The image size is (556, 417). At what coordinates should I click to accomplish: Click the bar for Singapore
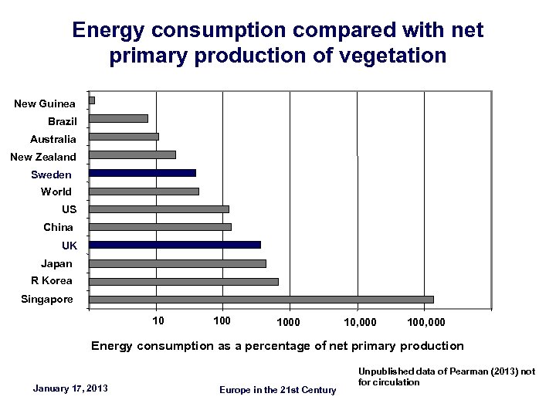261,300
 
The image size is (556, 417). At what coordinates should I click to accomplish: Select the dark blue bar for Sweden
142,173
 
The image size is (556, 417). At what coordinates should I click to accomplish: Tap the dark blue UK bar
175,245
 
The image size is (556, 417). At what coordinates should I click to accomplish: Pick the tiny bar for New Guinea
92,100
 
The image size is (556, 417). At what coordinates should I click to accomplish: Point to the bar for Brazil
118,118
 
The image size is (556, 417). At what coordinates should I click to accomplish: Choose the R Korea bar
184,281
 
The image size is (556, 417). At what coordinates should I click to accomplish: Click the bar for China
160,226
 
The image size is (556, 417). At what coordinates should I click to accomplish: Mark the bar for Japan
178,263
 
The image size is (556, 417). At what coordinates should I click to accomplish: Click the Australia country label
53,139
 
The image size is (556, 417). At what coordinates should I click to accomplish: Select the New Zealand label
43,157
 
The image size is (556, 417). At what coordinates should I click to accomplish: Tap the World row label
56,192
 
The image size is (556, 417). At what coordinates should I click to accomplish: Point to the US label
69,209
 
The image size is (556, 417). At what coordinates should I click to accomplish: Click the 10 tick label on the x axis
158,320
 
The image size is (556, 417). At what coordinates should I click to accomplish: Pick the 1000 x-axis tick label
289,320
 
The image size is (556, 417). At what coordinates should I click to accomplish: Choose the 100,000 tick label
425,320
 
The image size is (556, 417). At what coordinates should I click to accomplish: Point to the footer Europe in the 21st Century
278,390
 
